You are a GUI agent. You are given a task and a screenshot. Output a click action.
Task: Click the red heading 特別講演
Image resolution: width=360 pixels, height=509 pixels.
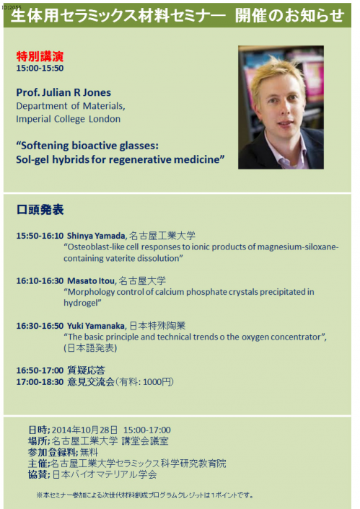point(40,56)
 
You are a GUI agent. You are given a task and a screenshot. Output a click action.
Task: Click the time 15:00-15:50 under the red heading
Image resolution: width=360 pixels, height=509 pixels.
point(40,68)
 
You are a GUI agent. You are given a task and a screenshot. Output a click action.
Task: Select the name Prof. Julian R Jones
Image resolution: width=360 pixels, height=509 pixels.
point(63,92)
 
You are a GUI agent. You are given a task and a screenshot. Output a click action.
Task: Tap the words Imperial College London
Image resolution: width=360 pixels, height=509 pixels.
point(69,119)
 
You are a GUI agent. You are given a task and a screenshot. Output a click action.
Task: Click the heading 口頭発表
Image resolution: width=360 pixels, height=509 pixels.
point(40,210)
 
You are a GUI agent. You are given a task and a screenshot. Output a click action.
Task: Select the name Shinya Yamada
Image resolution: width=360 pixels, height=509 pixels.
point(96,236)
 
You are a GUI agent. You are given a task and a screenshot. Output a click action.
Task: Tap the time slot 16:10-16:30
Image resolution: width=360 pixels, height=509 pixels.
point(40,280)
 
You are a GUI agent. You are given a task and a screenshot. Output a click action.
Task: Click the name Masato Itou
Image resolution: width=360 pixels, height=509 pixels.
point(91,280)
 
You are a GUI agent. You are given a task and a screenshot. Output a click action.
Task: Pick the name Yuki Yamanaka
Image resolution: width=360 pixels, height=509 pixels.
point(96,326)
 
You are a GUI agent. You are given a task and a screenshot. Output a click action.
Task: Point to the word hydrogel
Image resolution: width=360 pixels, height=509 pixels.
point(81,303)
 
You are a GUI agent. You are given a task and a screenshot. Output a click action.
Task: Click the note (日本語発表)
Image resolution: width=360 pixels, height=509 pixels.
point(90,348)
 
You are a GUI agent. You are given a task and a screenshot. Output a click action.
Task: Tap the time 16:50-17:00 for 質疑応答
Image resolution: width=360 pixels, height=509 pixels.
point(40,371)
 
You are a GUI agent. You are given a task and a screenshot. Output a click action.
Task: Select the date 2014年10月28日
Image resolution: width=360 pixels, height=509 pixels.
point(84,430)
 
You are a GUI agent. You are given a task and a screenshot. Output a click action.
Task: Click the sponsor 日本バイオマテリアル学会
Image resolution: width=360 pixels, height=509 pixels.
point(105,474)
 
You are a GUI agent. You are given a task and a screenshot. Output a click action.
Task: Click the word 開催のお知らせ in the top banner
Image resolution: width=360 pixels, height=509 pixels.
point(290,15)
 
